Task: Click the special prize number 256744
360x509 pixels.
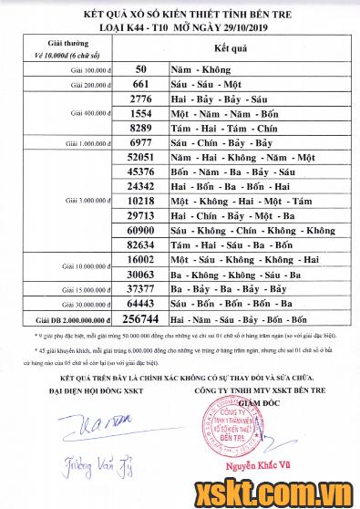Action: tap(140, 320)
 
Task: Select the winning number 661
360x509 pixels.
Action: tap(140, 83)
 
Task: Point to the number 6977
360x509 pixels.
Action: tap(140, 143)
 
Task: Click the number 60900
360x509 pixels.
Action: tap(140, 231)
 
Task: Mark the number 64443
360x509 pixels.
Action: tap(140, 304)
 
